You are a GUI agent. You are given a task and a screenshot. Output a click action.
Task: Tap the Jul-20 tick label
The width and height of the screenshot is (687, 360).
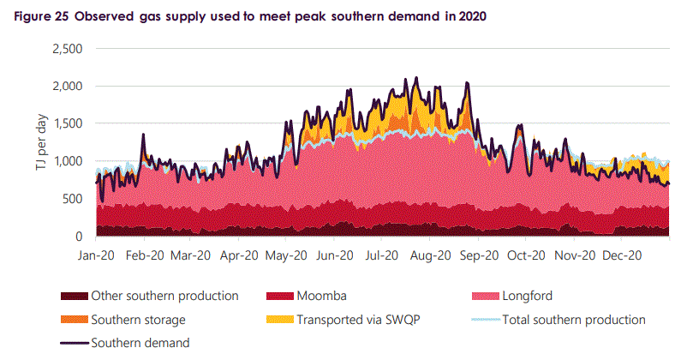pos(382,255)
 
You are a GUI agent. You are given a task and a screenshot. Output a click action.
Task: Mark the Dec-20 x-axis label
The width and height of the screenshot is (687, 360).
pos(622,255)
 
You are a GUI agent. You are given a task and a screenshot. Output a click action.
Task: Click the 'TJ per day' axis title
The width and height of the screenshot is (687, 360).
pos(41,143)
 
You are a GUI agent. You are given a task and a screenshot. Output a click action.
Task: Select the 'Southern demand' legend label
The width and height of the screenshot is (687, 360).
pos(140,343)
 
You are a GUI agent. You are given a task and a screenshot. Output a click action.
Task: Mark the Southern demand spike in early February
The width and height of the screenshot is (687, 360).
pos(143,135)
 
